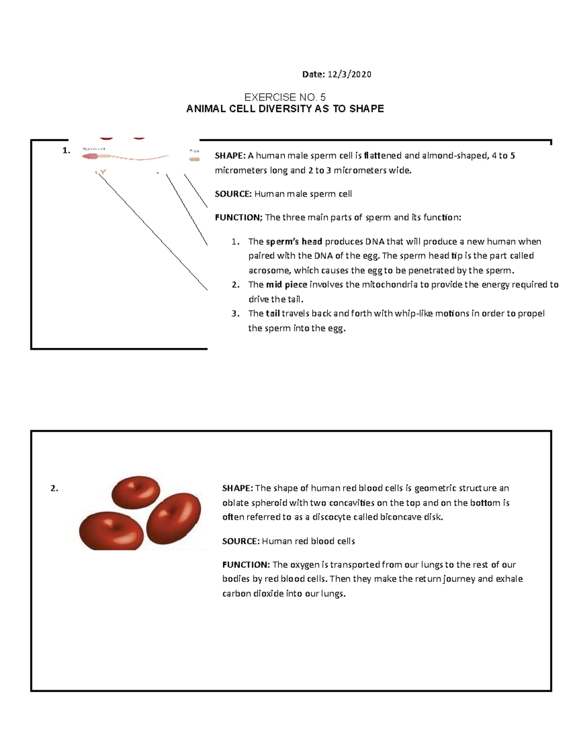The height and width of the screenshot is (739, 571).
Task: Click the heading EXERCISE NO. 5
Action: pyautogui.click(x=285, y=97)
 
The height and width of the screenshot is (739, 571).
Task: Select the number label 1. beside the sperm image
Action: pyautogui.click(x=66, y=150)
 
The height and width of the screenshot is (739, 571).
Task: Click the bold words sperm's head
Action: pyautogui.click(x=294, y=241)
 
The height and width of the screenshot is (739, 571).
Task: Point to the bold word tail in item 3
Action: pyautogui.click(x=273, y=314)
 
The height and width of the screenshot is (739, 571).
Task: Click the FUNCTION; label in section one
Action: pyautogui.click(x=238, y=217)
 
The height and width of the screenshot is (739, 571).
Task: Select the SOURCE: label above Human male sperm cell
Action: pyautogui.click(x=233, y=194)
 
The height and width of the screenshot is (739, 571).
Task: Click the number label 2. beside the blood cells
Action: pyautogui.click(x=54, y=488)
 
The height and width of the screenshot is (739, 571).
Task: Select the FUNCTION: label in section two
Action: pyautogui.click(x=246, y=565)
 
